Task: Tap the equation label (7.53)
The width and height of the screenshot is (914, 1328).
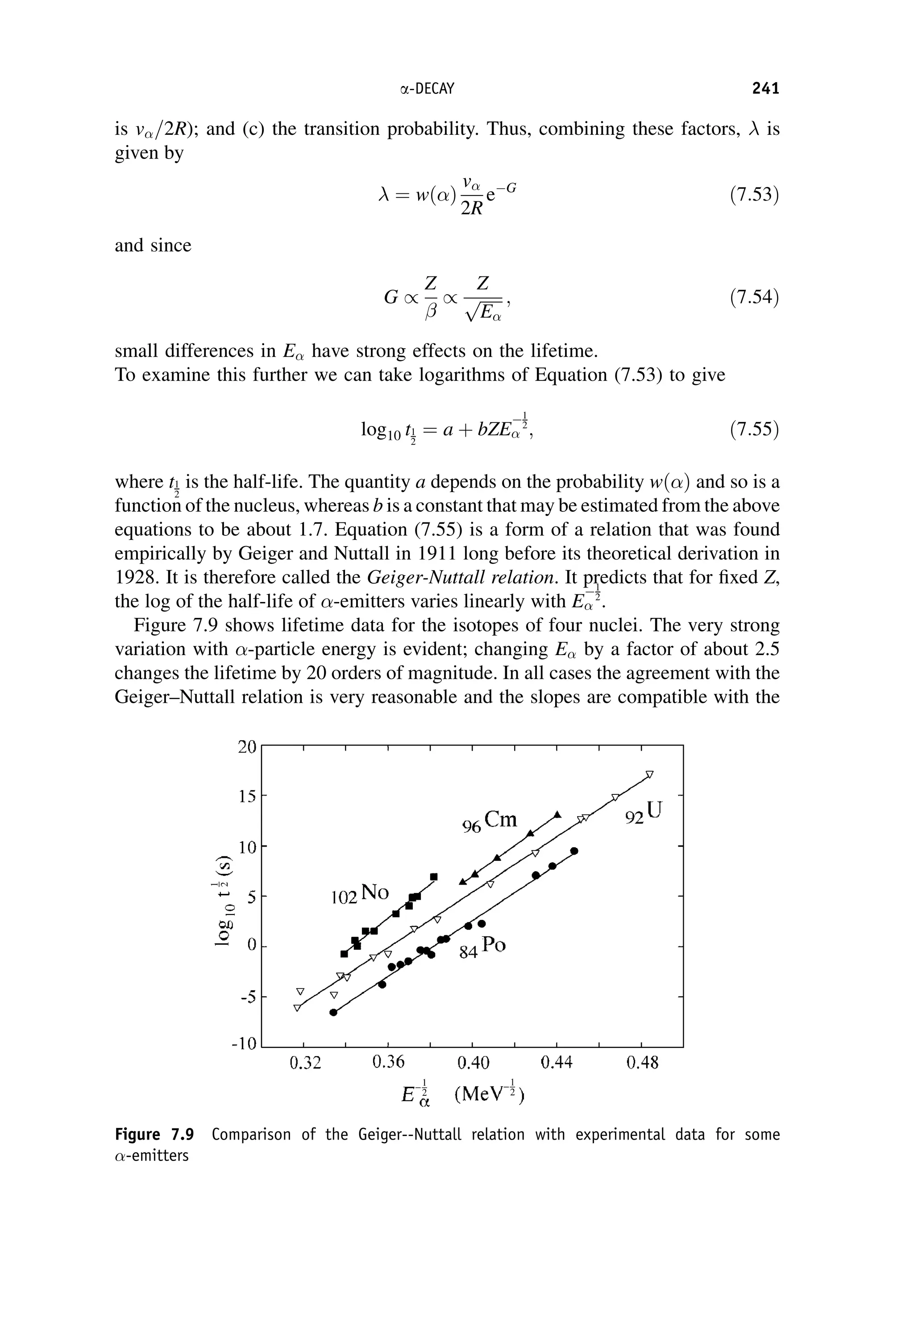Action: tap(754, 195)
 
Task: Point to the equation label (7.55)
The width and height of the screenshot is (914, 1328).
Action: tap(754, 429)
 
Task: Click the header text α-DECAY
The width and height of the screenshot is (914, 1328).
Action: tap(427, 89)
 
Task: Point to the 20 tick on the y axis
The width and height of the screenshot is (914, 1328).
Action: tap(247, 747)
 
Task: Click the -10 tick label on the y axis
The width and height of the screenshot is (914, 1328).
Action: tap(244, 1044)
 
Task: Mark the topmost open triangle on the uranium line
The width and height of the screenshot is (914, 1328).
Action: tap(649, 774)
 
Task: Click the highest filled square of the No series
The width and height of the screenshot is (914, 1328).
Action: tap(433, 877)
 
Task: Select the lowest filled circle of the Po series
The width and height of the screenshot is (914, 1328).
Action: tap(333, 1012)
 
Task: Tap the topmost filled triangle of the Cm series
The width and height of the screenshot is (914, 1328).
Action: tap(557, 814)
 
